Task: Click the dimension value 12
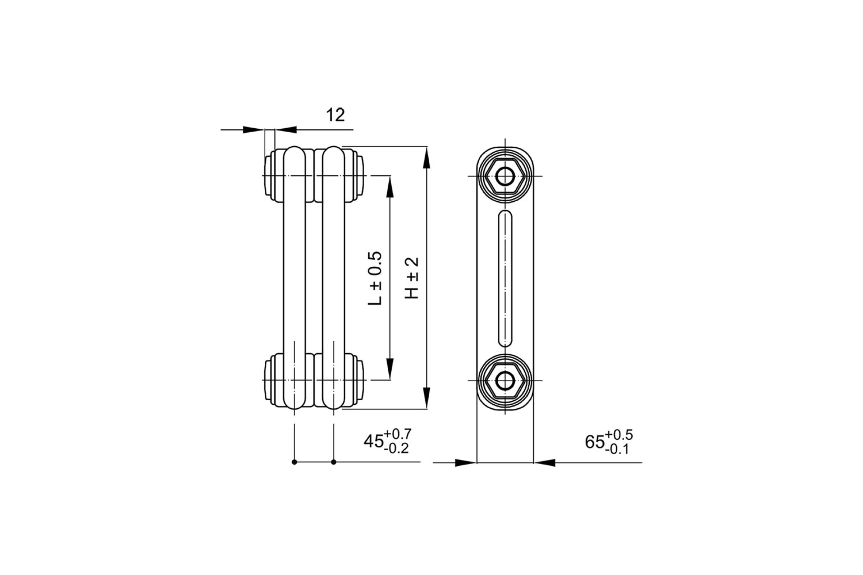(335, 115)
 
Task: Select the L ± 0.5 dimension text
(375, 278)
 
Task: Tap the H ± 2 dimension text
(412, 278)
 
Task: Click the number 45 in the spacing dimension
(374, 441)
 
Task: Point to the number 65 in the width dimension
(595, 442)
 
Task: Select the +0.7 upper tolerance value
(398, 434)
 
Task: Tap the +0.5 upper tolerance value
(619, 434)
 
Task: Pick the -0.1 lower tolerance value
(617, 450)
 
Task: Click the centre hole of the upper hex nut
(505, 176)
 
